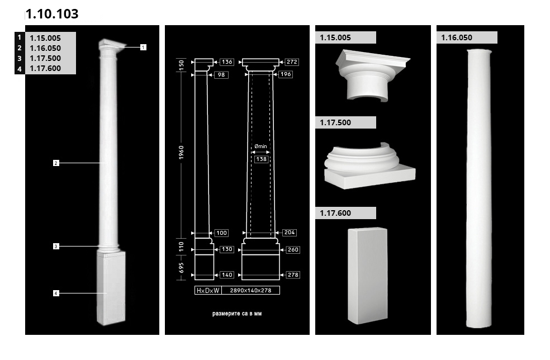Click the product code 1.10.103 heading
(52, 13)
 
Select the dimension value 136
(227, 61)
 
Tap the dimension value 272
(292, 61)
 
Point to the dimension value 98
(221, 75)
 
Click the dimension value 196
(286, 74)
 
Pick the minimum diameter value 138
(262, 159)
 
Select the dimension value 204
(290, 233)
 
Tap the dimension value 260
(293, 249)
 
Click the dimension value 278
(293, 274)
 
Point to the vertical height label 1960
(181, 153)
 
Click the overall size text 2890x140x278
(250, 290)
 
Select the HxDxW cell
(208, 290)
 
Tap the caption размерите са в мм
(237, 314)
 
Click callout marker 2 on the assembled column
(56, 163)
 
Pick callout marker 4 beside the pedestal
(56, 293)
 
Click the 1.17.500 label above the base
(335, 122)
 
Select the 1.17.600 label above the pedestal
(335, 213)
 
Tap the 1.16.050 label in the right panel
(457, 37)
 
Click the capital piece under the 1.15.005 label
(372, 76)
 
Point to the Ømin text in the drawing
(260, 146)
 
